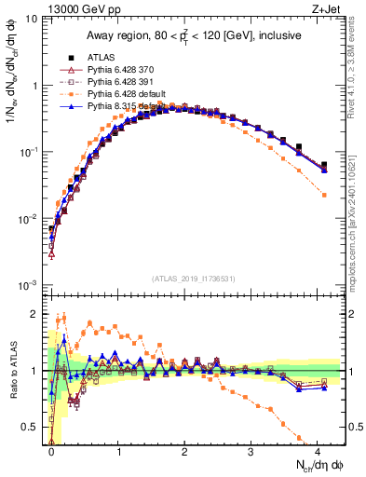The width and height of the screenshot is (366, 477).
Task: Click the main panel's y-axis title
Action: point(15,102)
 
